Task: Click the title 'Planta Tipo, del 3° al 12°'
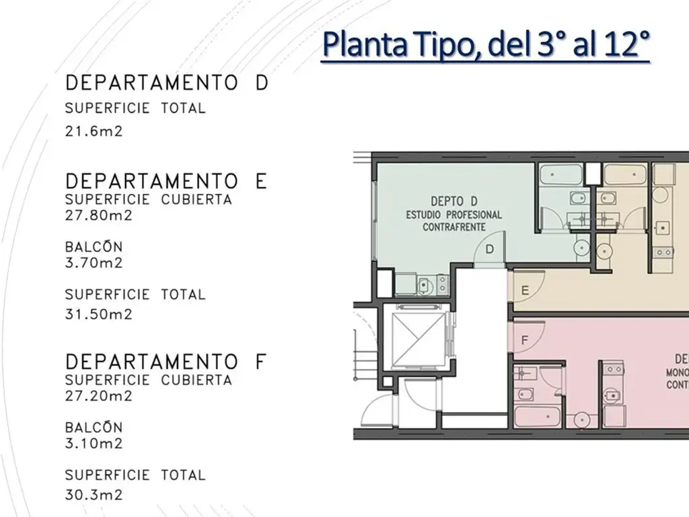(x=486, y=45)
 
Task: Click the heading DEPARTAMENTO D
(x=167, y=83)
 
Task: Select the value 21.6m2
(x=94, y=131)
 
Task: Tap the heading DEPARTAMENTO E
(x=166, y=181)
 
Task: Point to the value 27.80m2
(x=98, y=215)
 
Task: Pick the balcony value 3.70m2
(x=94, y=263)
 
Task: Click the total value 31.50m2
(x=98, y=314)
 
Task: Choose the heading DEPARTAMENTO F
(x=166, y=361)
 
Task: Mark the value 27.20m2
(x=98, y=396)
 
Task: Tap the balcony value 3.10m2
(x=94, y=443)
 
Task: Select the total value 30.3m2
(x=94, y=495)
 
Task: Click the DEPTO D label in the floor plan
(x=454, y=201)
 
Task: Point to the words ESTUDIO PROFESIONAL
(x=454, y=215)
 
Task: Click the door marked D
(x=490, y=249)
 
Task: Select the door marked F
(x=526, y=336)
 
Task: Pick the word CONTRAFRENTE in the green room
(x=454, y=228)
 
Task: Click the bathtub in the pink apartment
(x=538, y=416)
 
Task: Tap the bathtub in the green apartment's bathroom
(x=560, y=174)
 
